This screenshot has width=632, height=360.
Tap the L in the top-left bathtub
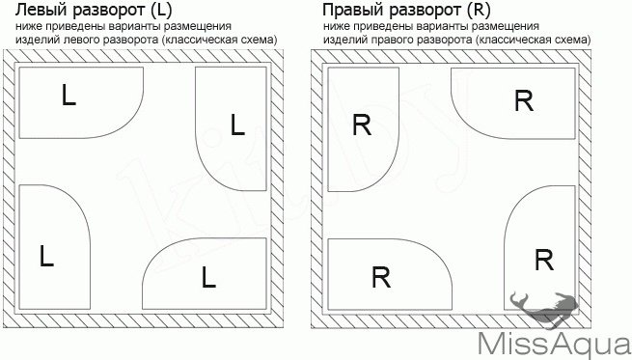pyautogui.click(x=68, y=97)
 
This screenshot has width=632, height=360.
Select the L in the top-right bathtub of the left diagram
pyautogui.click(x=238, y=125)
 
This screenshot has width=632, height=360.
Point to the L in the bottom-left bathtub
pyautogui.click(x=47, y=258)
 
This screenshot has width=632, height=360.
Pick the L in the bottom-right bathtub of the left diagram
pyautogui.click(x=208, y=277)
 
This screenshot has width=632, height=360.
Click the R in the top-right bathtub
pyautogui.click(x=524, y=101)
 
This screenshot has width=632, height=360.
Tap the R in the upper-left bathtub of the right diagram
pyautogui.click(x=362, y=125)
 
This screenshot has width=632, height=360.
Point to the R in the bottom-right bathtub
pyautogui.click(x=543, y=259)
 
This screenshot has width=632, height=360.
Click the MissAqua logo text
pyautogui.click(x=554, y=343)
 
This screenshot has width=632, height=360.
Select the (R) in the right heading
pyautogui.click(x=476, y=11)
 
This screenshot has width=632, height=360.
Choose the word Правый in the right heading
pyautogui.click(x=350, y=11)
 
